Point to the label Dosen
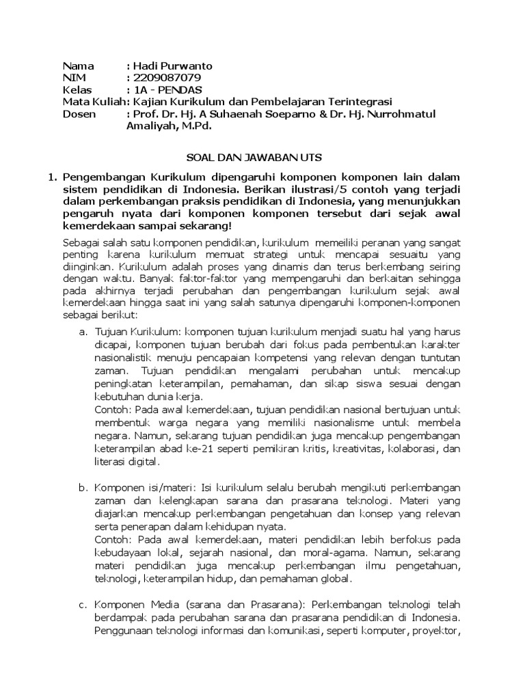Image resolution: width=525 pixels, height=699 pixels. [79, 114]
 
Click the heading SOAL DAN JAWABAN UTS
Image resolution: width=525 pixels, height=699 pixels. [254, 158]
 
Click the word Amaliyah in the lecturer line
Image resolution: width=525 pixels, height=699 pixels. [150, 126]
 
